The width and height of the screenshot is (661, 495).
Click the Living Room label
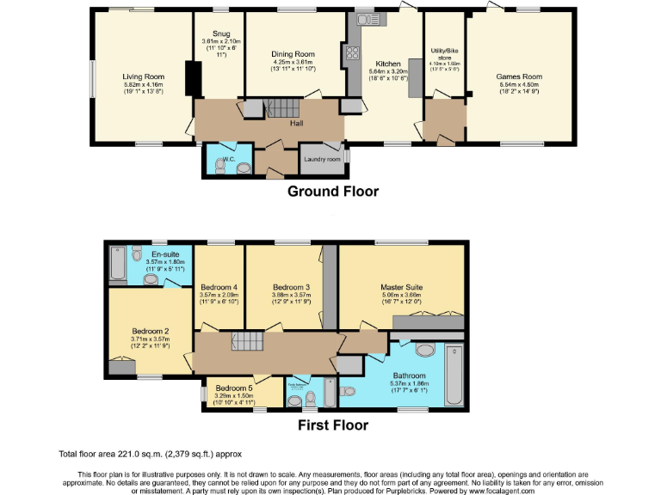(x=142, y=76)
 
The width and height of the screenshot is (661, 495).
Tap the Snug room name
(x=221, y=34)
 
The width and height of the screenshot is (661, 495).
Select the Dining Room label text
(x=293, y=54)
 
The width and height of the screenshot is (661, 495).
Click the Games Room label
(x=517, y=76)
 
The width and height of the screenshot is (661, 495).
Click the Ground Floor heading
(x=332, y=192)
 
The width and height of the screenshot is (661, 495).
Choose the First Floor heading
(x=332, y=425)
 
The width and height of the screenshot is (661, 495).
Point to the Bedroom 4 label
(x=219, y=286)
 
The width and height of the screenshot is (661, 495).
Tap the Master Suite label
(x=402, y=287)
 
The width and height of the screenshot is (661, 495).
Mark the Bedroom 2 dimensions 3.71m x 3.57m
(x=150, y=339)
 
